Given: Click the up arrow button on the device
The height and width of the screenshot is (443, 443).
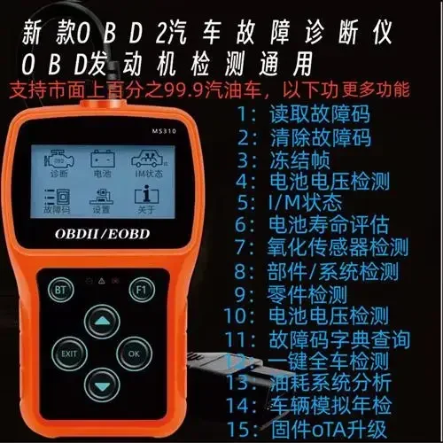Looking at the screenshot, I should pos(104,321).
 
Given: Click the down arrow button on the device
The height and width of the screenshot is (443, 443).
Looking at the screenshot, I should pos(104,387).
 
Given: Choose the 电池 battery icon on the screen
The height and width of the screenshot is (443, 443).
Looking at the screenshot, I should pos(100,165).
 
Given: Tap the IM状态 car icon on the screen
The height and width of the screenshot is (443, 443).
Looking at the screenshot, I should pos(144,165).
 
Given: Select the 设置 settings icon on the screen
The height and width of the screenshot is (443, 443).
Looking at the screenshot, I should pos(100,202).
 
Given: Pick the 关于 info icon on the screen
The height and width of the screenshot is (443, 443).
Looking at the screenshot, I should pos(144,202).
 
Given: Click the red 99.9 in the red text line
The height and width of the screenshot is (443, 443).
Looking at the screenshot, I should pos(242,89).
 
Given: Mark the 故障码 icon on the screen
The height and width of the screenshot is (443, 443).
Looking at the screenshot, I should pos(58,202).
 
